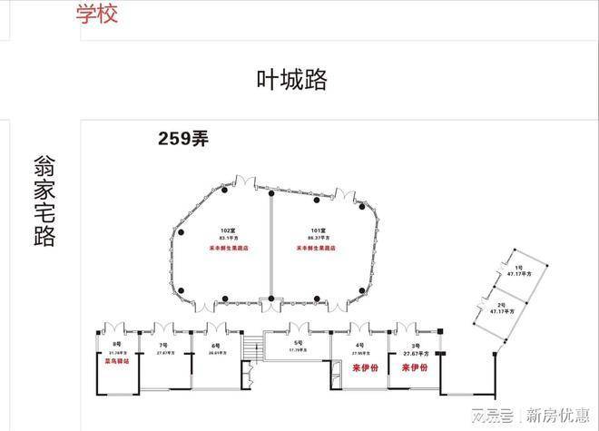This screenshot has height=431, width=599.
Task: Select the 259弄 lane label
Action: click(183, 139)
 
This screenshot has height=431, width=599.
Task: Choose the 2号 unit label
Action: click(500, 304)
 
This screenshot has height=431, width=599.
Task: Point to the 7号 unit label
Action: click(163, 346)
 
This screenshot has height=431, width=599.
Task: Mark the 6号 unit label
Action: click(216, 346)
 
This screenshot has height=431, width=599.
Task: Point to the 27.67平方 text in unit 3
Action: click(416, 352)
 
